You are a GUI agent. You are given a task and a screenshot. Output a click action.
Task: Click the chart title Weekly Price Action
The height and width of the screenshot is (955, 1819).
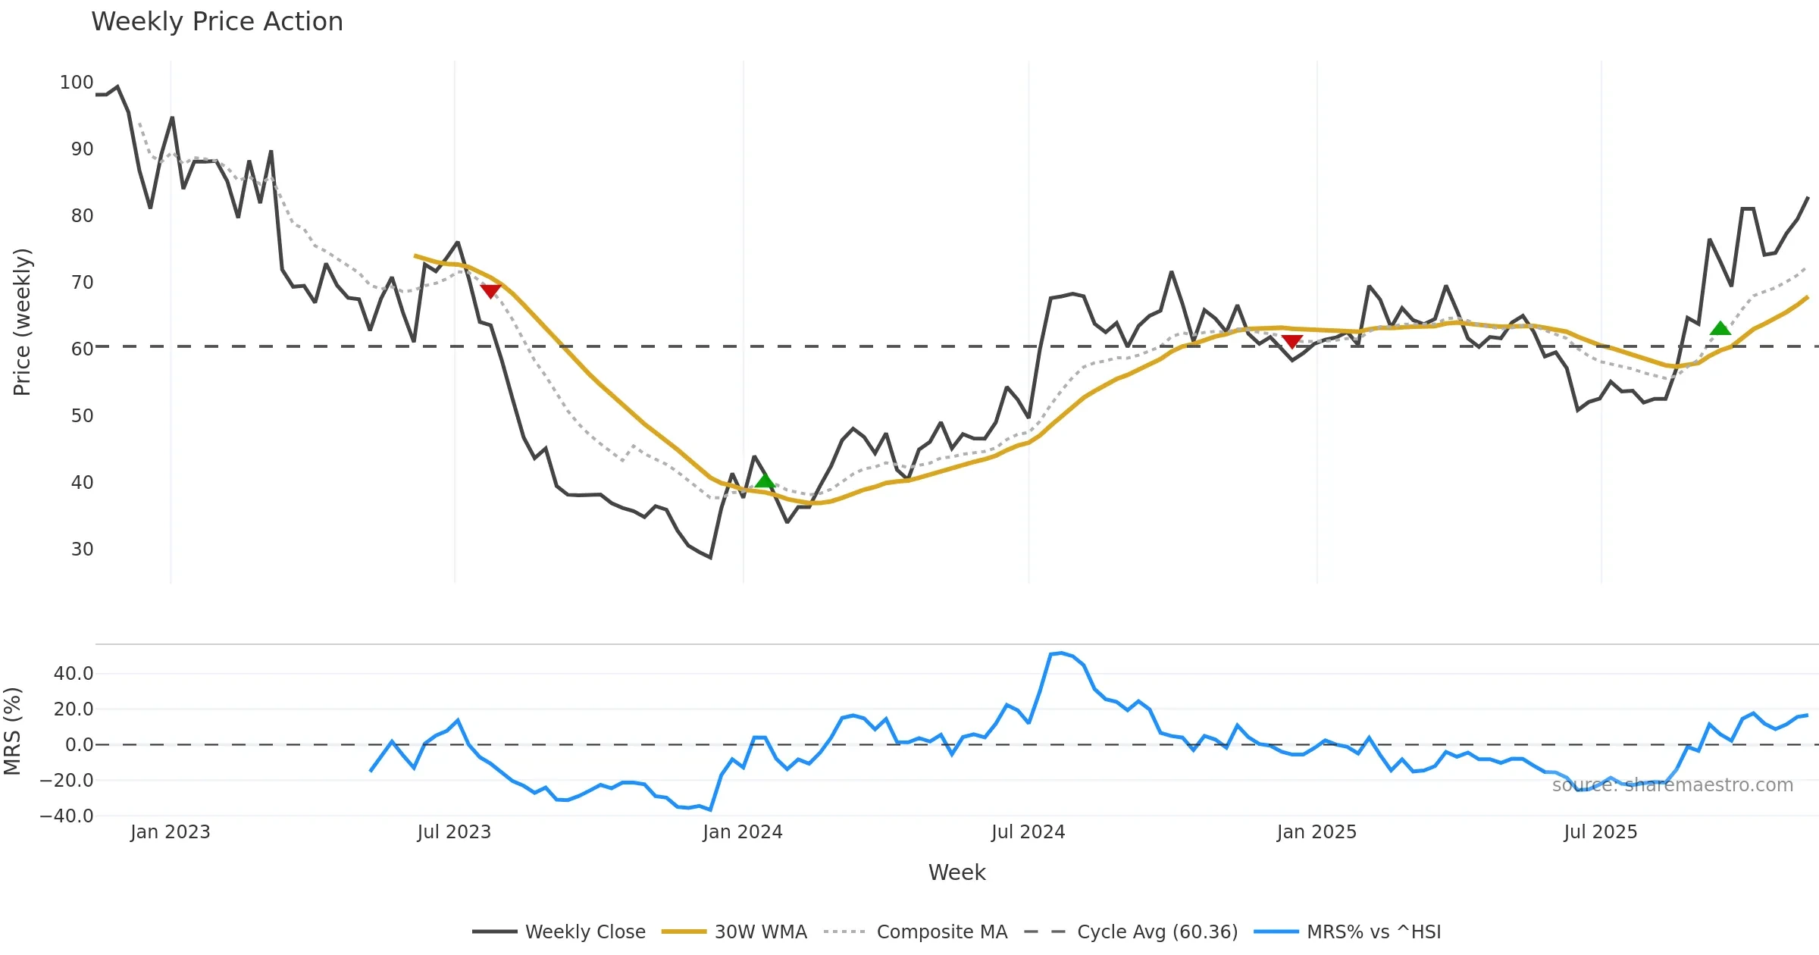pos(217,22)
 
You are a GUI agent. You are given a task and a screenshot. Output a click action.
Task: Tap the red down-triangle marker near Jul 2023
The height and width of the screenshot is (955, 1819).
pos(490,291)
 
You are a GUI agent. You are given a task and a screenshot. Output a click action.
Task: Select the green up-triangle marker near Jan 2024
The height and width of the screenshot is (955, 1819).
pos(765,481)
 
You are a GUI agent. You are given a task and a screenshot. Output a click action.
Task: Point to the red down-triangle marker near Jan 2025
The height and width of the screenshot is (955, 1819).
pos(1291,342)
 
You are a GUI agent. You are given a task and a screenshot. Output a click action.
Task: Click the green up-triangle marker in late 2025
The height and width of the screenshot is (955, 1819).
pos(1720,328)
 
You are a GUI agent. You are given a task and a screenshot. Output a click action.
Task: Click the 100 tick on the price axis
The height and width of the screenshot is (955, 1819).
pos(77,83)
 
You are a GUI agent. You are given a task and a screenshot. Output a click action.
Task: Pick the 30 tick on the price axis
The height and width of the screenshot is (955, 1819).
pos(83,550)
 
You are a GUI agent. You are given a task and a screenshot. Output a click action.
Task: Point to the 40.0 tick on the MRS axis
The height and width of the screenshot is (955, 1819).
pos(74,674)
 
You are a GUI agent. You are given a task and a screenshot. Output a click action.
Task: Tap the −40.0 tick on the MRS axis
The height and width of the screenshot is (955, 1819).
pos(67,816)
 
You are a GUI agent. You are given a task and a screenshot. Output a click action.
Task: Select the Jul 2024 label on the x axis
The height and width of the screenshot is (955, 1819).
pos(1028,832)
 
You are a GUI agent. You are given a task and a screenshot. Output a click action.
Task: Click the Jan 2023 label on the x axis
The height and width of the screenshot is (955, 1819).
pos(170,832)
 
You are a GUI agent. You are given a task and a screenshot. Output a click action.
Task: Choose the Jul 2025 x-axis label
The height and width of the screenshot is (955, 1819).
pos(1600,832)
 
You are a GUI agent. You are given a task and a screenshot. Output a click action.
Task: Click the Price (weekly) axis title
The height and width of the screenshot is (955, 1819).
pos(23,322)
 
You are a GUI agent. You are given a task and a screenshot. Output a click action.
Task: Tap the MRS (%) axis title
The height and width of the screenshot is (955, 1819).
pos(12,731)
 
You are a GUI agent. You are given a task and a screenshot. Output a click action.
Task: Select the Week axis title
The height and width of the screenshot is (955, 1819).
pos(956,873)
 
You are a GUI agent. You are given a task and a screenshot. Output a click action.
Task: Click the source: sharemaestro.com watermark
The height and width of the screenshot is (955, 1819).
pos(1672,785)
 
